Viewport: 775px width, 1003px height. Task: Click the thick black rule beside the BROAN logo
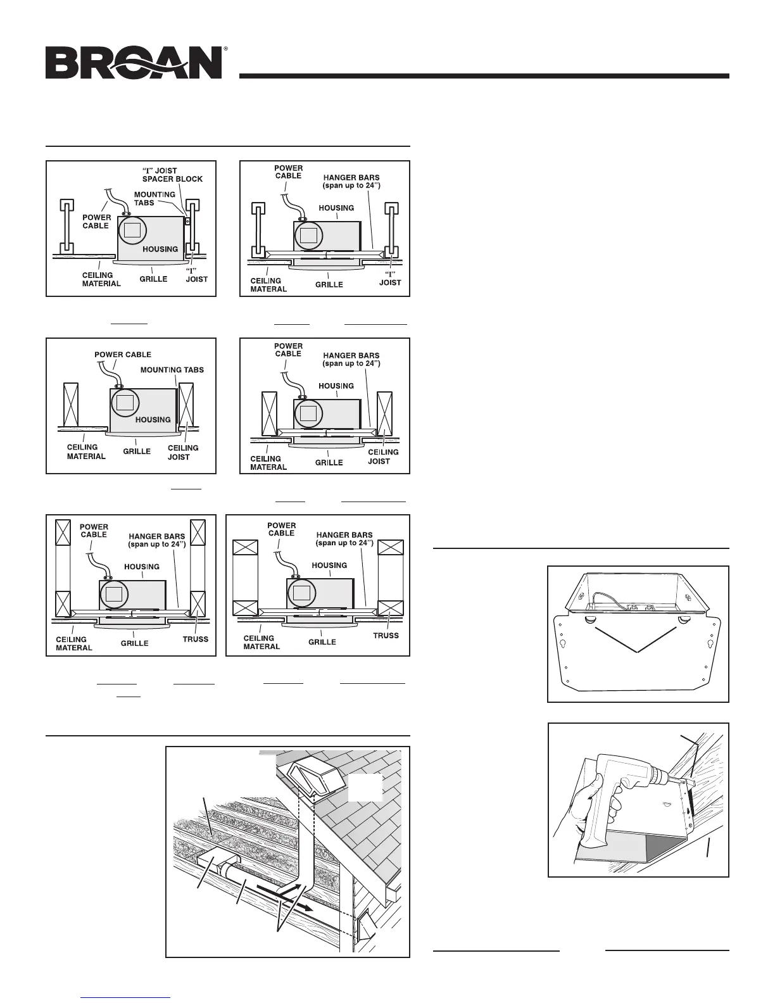coord(484,76)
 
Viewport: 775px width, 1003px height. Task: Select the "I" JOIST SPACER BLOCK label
coord(172,175)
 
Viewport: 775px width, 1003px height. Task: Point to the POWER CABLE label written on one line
coord(123,355)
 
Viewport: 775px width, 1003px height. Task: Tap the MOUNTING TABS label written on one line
coord(172,370)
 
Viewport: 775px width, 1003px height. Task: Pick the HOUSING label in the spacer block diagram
coord(160,249)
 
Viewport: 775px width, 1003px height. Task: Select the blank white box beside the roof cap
coord(365,787)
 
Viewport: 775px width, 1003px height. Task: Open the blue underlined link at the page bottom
coord(127,997)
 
